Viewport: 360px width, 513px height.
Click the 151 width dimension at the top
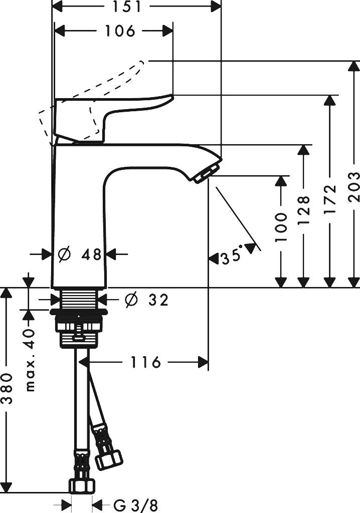tap(136, 7)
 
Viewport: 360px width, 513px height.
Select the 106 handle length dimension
tap(120, 31)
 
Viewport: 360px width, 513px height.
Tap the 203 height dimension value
tap(354, 186)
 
